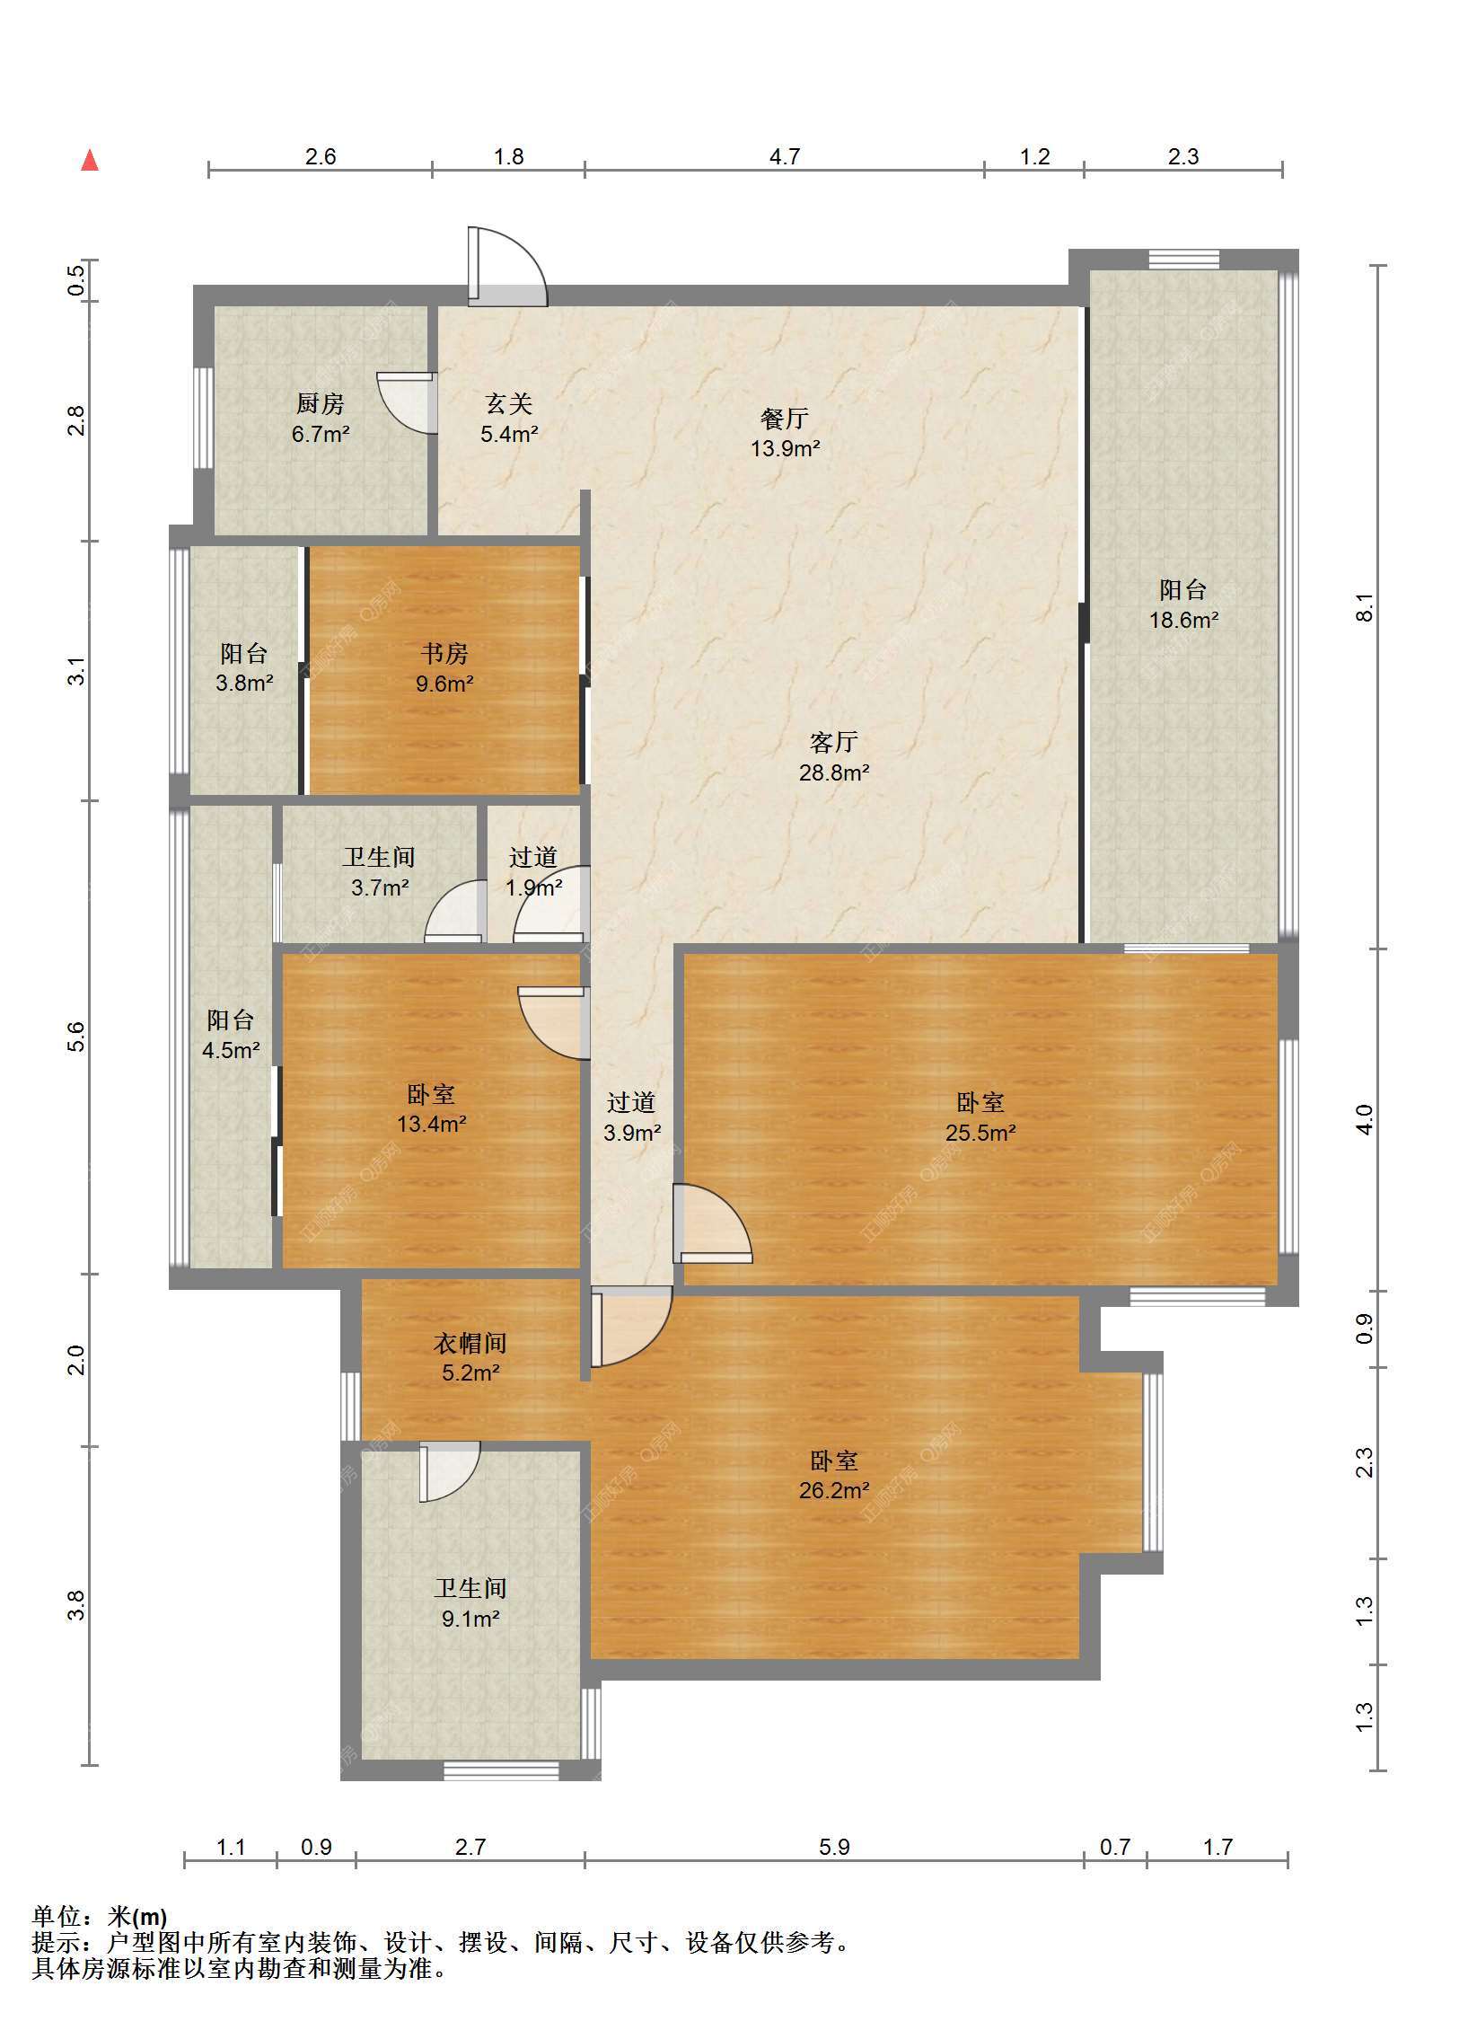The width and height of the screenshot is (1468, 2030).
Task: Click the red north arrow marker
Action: (x=90, y=161)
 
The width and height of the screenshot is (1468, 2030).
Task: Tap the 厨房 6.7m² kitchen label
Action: (x=321, y=419)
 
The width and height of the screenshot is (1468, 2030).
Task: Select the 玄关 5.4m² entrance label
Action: (x=509, y=419)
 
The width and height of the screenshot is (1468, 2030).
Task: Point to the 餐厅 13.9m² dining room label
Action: (x=786, y=433)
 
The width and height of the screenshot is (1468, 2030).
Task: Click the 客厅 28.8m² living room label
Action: (x=834, y=756)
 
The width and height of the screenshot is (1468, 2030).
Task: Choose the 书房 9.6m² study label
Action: (x=444, y=668)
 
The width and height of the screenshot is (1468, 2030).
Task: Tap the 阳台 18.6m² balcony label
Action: (x=1183, y=604)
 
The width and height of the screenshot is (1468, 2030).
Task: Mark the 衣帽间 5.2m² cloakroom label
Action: (x=470, y=1357)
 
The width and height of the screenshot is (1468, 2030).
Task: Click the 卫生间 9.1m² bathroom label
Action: (x=470, y=1603)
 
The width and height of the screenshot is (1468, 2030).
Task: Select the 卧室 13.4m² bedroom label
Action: (x=432, y=1108)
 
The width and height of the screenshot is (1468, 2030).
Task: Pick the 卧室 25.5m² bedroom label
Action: (x=980, y=1116)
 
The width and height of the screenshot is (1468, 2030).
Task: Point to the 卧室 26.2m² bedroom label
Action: (x=834, y=1475)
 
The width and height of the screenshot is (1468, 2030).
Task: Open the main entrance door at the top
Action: (x=506, y=267)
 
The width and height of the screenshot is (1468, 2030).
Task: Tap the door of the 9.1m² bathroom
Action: (x=449, y=1471)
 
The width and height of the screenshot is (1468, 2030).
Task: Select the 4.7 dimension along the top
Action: (x=785, y=156)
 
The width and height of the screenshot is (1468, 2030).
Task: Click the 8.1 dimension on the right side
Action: (x=1364, y=607)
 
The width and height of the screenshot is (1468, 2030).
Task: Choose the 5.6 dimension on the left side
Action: (x=77, y=1037)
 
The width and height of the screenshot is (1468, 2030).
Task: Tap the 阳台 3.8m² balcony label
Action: (x=244, y=668)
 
